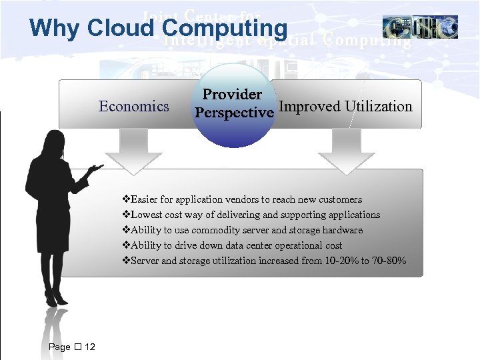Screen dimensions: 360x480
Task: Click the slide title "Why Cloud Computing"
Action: tap(158, 28)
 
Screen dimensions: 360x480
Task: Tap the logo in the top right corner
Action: tap(420, 27)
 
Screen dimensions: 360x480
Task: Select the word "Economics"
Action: tap(133, 107)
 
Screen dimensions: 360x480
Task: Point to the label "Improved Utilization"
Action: tap(345, 107)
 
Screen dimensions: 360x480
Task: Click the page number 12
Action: tap(90, 347)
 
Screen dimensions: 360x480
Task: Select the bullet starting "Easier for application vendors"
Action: tap(243, 199)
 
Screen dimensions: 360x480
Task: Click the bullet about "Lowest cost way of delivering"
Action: tap(252, 215)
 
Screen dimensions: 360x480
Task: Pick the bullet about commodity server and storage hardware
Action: tap(243, 230)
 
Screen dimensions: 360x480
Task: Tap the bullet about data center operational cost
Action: tap(233, 245)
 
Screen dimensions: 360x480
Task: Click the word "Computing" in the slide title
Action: tap(225, 28)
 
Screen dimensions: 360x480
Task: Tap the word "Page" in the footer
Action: tap(59, 347)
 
